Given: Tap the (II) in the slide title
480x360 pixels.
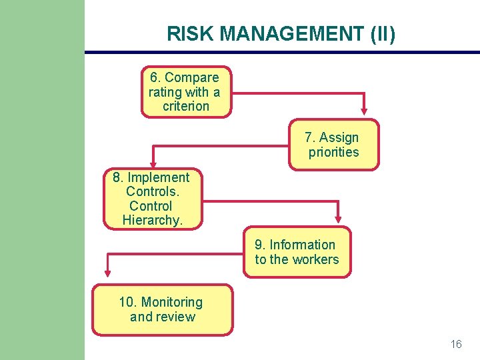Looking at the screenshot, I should coord(382,34).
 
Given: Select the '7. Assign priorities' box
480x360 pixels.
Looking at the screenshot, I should coord(333,145).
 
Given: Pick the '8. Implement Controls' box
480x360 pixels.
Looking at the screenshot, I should coord(152,199).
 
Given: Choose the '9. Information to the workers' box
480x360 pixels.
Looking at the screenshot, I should coord(297,253).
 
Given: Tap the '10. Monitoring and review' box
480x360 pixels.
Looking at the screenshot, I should coord(162,310).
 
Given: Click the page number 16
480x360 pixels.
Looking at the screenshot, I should coord(456,345).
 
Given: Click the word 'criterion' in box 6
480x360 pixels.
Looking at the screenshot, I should coord(186,107).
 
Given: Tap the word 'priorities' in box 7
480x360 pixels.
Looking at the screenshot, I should coord(333,153).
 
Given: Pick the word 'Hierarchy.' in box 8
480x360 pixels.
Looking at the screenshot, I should coord(152,221).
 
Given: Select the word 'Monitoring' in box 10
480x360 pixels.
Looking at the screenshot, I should coord(171,303).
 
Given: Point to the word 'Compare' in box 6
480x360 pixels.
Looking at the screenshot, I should coord(191,78).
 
